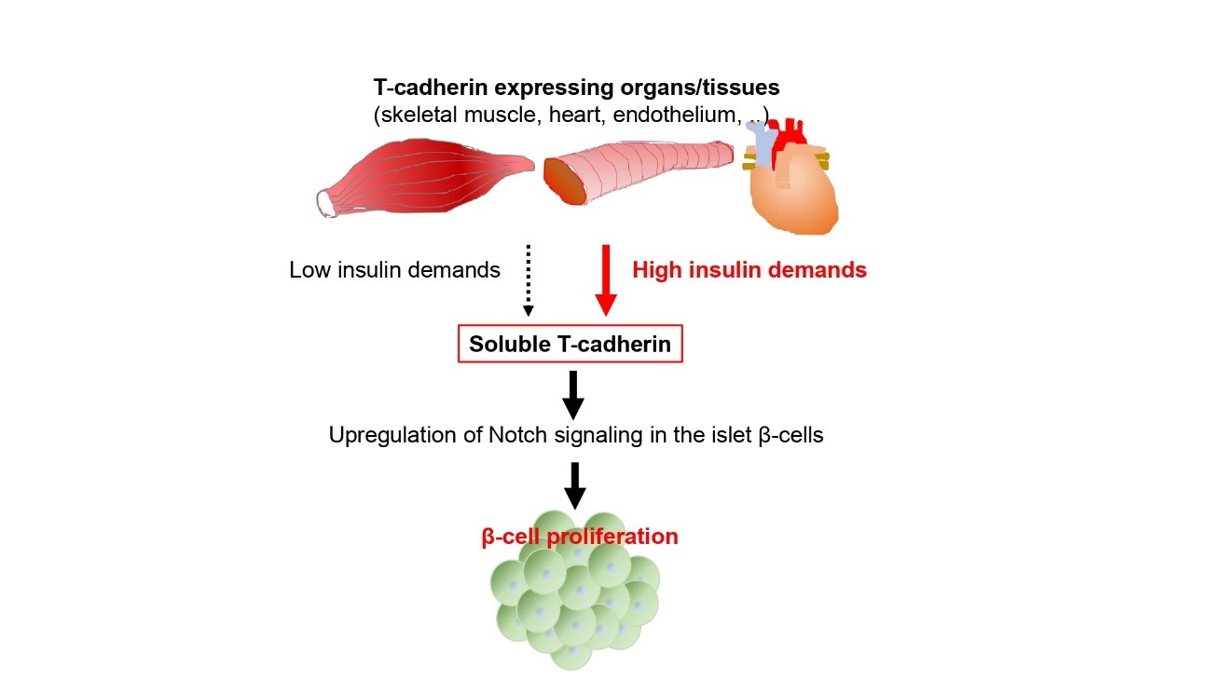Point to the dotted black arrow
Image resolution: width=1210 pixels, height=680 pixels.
tap(528, 280)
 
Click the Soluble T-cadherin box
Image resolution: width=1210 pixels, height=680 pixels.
tap(570, 344)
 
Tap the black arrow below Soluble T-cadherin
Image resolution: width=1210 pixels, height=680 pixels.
tap(573, 395)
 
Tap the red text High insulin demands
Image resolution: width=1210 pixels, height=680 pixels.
tap(749, 270)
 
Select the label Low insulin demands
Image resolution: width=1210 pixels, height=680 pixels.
tap(394, 270)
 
